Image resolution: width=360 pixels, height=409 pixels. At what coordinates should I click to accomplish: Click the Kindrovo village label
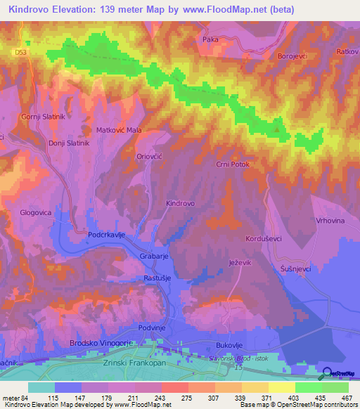(180, 203)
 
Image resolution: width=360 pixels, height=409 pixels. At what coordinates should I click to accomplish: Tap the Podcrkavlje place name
(106, 236)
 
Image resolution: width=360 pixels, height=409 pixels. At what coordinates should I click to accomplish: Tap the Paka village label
(210, 40)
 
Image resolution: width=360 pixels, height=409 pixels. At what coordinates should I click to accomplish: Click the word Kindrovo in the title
(33, 9)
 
